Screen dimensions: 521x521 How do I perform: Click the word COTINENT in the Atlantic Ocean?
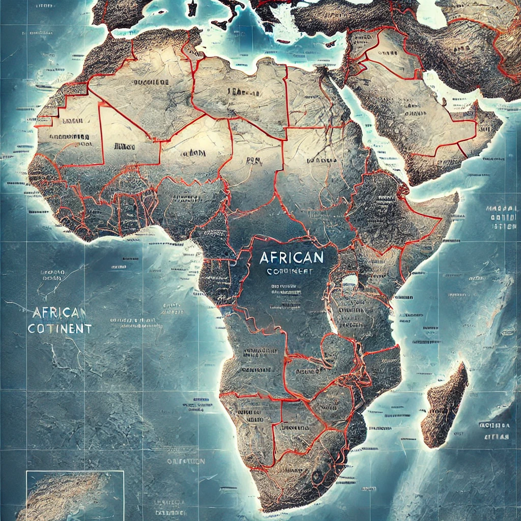click(x=60, y=329)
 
